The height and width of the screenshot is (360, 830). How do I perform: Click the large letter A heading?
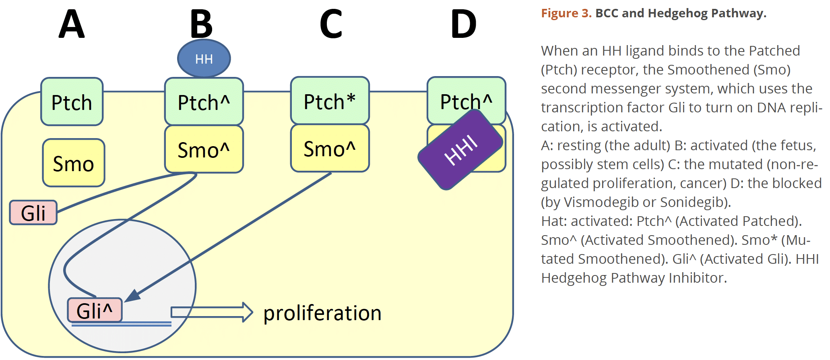coord(72,24)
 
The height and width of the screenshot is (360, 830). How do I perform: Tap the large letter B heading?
coord(201,24)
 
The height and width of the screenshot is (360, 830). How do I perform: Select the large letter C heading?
coord(331,24)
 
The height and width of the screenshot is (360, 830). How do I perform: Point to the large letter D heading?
coord(464,24)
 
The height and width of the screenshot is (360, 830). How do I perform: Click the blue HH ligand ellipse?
coord(204,59)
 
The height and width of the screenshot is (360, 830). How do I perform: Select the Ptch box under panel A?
coord(72,102)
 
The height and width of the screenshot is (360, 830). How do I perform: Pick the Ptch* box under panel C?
coord(330,101)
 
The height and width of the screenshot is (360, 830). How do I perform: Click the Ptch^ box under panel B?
coord(204,102)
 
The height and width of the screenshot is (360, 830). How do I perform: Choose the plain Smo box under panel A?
coord(74,163)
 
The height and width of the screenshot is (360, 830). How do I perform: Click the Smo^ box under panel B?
coord(204,149)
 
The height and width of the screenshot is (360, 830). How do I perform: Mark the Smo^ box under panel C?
coord(330,149)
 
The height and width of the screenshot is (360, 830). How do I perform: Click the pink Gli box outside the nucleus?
coord(33,213)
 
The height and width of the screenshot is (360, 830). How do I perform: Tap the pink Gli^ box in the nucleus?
coord(95,310)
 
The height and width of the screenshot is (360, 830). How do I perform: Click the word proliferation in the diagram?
coord(322,313)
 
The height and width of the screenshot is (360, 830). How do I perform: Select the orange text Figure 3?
coord(566,13)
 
